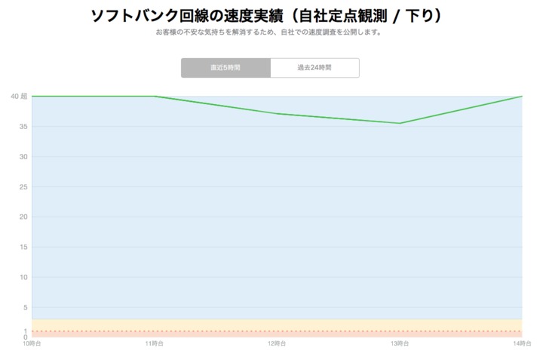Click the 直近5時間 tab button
(225, 68)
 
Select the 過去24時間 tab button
(314, 68)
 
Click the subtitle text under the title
(268, 33)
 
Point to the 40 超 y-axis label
(19, 97)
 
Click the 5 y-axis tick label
(25, 308)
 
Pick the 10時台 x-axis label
(32, 344)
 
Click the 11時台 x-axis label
(155, 344)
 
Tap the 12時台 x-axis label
(277, 344)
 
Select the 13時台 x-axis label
(400, 344)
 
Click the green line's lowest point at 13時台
(400, 123)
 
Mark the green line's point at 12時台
(277, 114)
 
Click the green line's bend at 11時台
(155, 96)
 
